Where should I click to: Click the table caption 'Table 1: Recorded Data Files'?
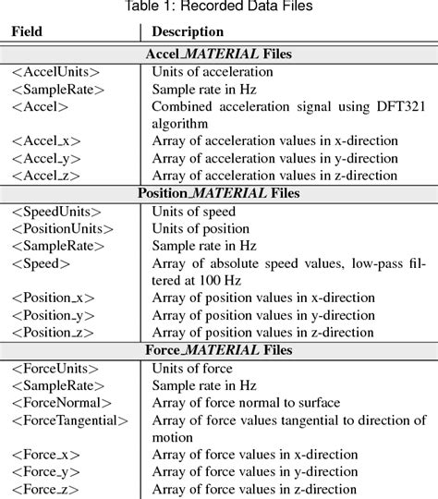(219, 9)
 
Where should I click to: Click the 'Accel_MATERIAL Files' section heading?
(219, 54)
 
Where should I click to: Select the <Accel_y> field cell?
(46, 158)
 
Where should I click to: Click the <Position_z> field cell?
(54, 332)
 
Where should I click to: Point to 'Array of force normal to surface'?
(246, 402)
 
